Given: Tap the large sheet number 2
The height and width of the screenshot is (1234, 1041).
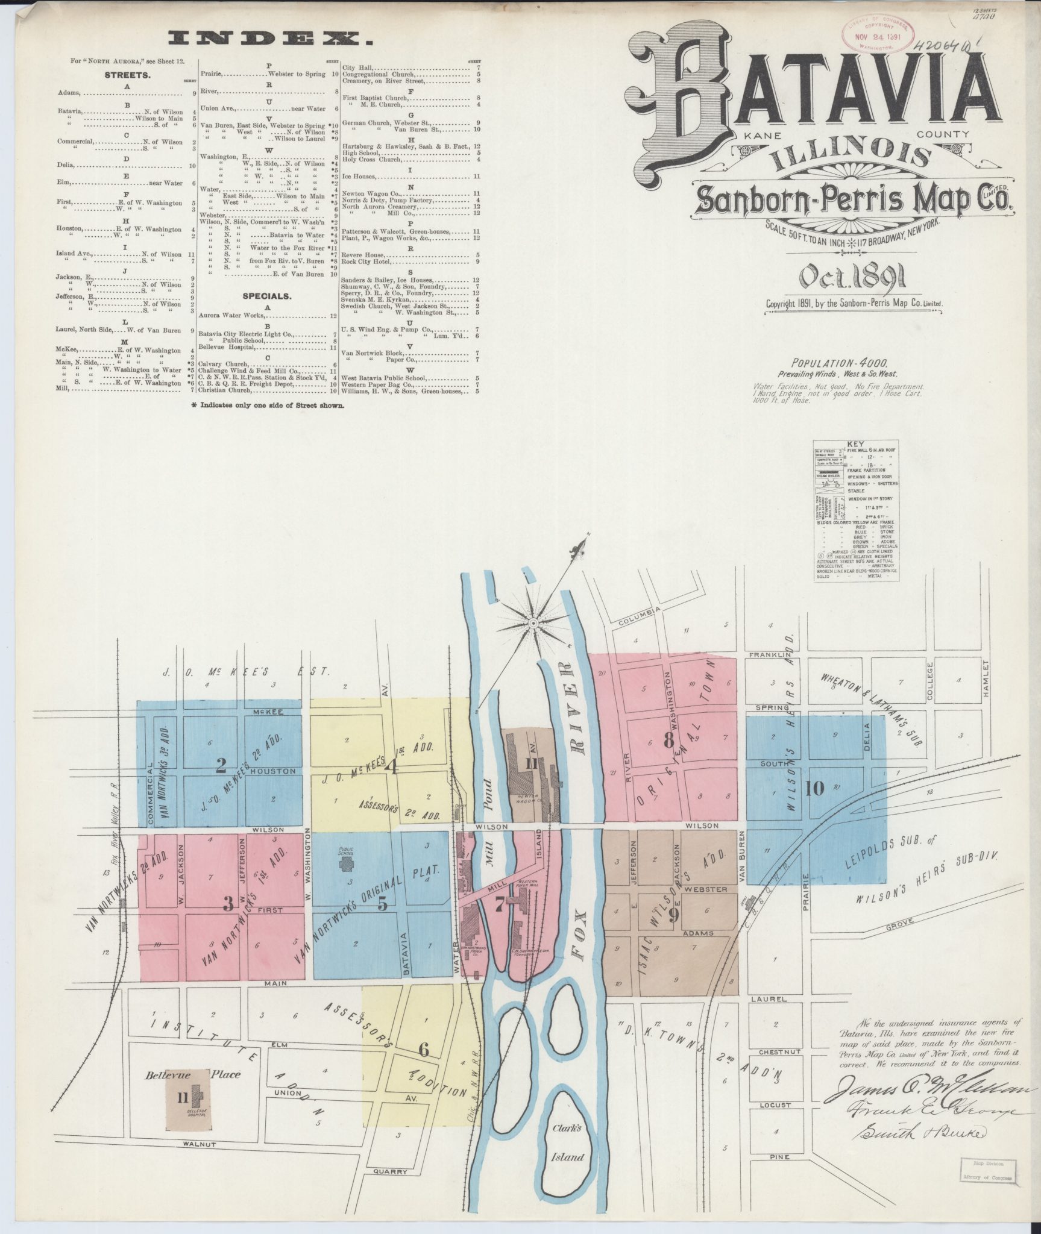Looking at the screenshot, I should pyautogui.click(x=221, y=766).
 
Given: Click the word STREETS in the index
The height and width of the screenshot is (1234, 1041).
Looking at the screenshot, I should pyautogui.click(x=127, y=76).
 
